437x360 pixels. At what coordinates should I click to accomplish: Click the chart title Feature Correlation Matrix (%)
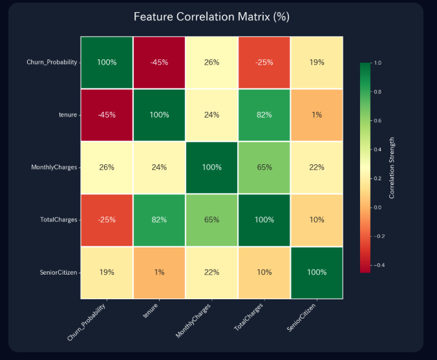(x=211, y=17)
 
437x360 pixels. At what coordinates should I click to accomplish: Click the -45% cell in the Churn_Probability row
(x=159, y=63)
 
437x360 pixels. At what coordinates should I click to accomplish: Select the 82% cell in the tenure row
(x=264, y=115)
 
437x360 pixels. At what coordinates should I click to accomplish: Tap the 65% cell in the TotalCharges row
(x=211, y=220)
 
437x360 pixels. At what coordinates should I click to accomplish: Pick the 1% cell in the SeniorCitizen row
(x=159, y=272)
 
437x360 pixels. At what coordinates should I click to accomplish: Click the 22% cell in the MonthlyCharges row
(x=316, y=167)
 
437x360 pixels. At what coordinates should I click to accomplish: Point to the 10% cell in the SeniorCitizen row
(x=264, y=272)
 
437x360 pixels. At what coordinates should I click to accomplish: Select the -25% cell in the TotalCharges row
(x=107, y=220)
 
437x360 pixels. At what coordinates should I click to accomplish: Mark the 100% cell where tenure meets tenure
(x=159, y=115)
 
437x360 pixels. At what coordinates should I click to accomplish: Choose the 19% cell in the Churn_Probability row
(x=316, y=63)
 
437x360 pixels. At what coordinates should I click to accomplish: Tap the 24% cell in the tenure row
(x=211, y=115)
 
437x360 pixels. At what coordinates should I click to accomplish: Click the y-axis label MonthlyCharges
(x=54, y=167)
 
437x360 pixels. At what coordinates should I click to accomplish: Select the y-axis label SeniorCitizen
(x=58, y=272)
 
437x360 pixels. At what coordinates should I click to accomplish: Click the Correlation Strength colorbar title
(x=392, y=167)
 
